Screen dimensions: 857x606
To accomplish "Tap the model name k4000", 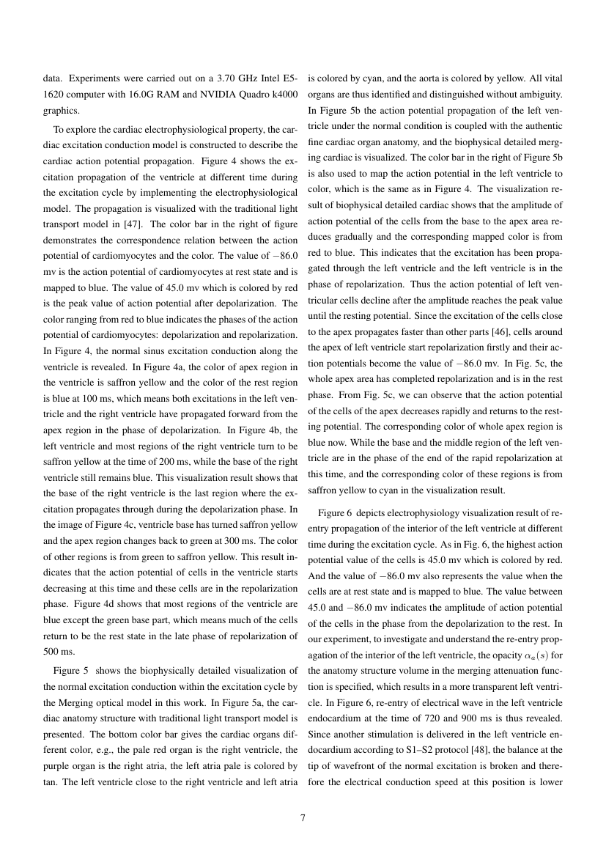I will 283,95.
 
